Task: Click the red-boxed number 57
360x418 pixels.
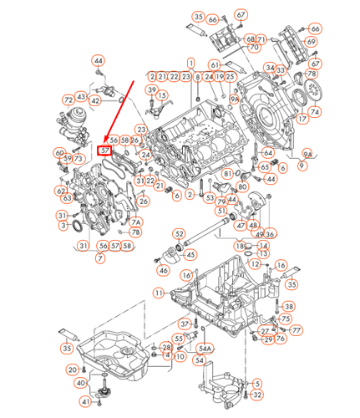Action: [104, 150]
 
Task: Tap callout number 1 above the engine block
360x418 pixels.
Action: [191, 63]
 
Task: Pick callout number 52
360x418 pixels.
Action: [180, 233]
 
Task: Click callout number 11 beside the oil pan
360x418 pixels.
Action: [159, 293]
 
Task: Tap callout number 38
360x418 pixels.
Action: [289, 306]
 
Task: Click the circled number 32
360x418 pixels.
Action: [257, 395]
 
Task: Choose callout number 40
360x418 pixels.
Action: [81, 383]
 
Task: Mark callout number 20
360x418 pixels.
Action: [73, 369]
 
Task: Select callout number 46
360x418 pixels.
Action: [164, 270]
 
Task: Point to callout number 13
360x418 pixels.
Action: [263, 253]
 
